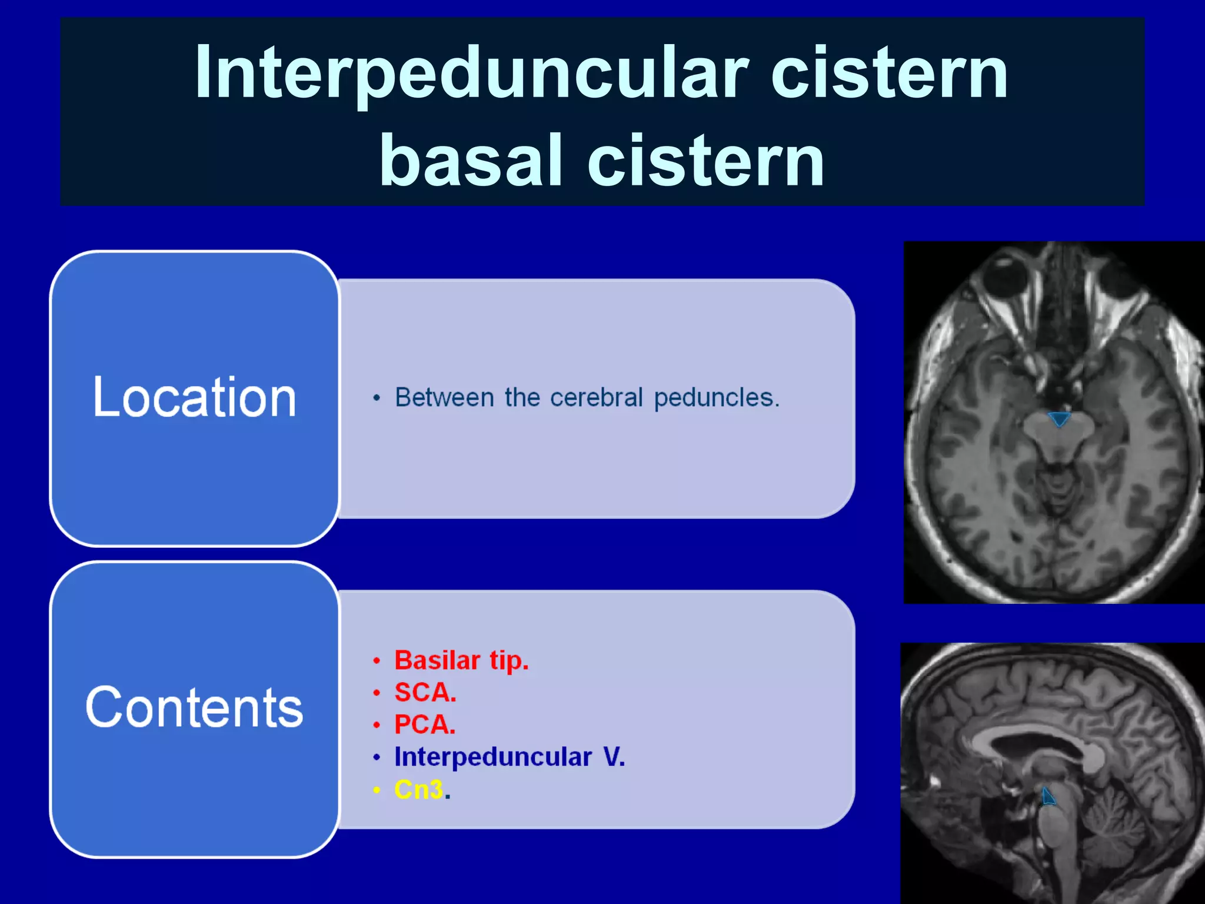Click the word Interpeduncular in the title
[x=471, y=74]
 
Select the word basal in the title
[x=471, y=160]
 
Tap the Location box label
[x=194, y=398]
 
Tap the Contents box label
[x=194, y=707]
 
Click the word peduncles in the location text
[x=716, y=398]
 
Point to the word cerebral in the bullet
[x=596, y=398]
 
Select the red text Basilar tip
[x=461, y=660]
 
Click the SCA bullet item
[x=425, y=693]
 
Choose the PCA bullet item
[x=425, y=724]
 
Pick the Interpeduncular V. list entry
[x=509, y=757]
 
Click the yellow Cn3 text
[x=418, y=789]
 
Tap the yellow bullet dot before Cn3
[x=377, y=790]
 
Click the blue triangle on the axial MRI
[x=1059, y=418]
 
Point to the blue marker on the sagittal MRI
[x=1048, y=797]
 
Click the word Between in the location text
[x=444, y=398]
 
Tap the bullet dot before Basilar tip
[x=377, y=661]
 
